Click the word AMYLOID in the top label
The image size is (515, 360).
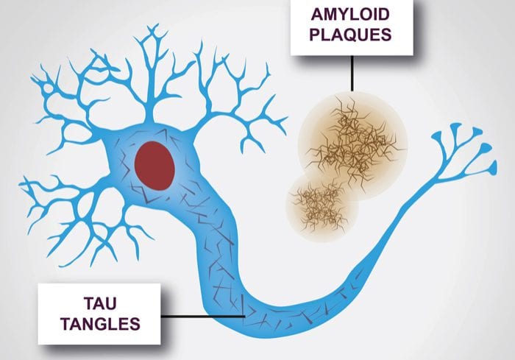[350, 15]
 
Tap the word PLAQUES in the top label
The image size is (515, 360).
[350, 35]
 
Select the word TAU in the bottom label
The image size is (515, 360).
[100, 303]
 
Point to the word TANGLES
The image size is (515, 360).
[100, 324]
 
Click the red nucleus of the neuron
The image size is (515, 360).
[154, 166]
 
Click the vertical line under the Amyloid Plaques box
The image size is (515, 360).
[352, 73]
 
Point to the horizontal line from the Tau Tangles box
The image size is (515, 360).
[203, 317]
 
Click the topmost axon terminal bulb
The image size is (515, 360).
[455, 127]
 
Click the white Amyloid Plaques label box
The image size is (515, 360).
[352, 27]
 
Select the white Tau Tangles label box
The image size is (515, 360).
[99, 314]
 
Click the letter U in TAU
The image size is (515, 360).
[110, 303]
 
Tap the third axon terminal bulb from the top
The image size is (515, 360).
[486, 148]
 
